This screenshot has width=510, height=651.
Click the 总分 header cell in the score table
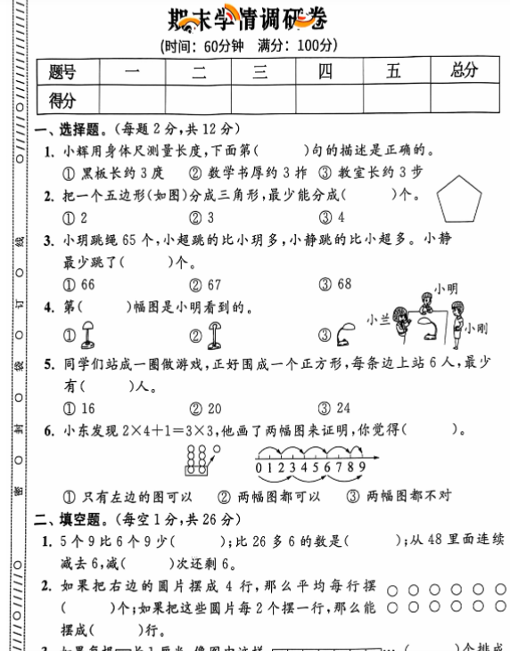point(464,71)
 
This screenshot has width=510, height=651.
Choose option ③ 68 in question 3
point(336,284)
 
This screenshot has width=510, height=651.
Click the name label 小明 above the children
point(445,289)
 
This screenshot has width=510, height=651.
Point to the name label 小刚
point(475,329)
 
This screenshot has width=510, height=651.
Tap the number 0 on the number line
point(258,465)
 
